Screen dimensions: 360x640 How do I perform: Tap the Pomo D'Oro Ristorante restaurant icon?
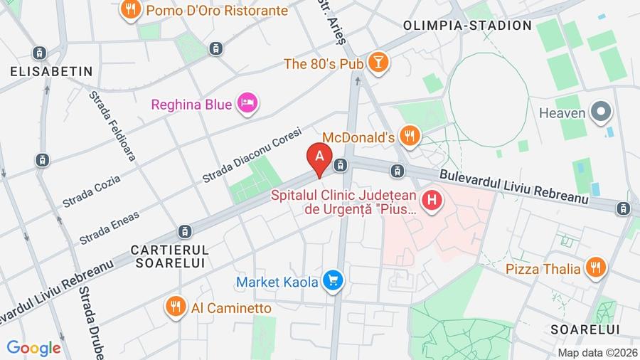point(129,9)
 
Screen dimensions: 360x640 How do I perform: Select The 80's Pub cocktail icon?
point(379,63)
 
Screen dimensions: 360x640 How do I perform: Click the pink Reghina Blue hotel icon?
point(247,104)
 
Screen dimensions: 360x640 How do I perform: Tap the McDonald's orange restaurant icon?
point(409,135)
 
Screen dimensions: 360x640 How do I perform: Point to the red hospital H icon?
point(431,201)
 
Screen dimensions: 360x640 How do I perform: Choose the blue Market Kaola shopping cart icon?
point(332,282)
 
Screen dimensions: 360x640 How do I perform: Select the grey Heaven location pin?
point(602,112)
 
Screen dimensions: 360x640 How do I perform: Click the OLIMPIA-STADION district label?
point(467,26)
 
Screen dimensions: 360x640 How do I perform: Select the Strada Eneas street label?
point(109,227)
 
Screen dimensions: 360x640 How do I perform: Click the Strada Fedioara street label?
point(112,126)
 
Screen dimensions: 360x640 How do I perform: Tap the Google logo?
point(33,348)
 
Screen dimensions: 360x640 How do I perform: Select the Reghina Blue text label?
point(191,105)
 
